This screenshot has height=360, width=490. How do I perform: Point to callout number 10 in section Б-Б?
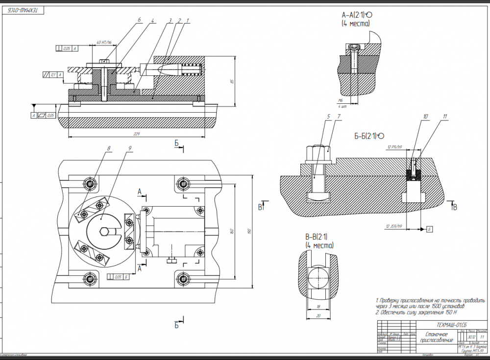click(x=425, y=117)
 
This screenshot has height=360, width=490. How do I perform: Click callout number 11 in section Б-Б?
click(x=445, y=117)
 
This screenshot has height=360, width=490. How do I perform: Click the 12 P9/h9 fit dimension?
click(x=394, y=147)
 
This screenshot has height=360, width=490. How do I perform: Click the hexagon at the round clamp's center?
click(x=102, y=232)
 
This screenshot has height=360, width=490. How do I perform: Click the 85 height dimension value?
click(x=232, y=81)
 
